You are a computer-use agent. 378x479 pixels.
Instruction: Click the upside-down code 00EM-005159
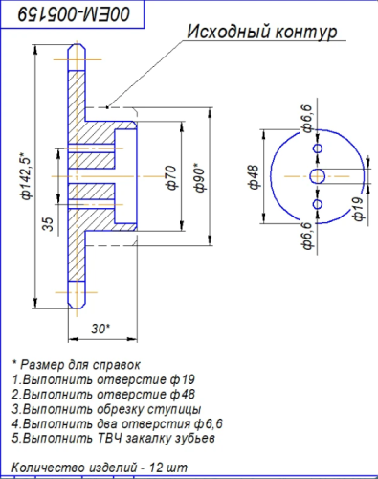[74, 14]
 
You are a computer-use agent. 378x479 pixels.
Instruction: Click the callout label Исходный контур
[262, 33]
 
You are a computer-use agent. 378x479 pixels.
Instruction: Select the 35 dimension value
[48, 224]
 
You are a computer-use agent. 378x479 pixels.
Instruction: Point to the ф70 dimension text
[171, 178]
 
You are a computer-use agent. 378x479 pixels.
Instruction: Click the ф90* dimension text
[200, 177]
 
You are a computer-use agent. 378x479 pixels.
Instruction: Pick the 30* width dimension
[100, 329]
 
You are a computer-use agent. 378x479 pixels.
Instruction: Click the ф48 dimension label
[255, 177]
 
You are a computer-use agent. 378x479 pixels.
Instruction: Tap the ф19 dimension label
[358, 209]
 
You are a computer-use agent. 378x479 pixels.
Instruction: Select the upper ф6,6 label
[307, 119]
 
